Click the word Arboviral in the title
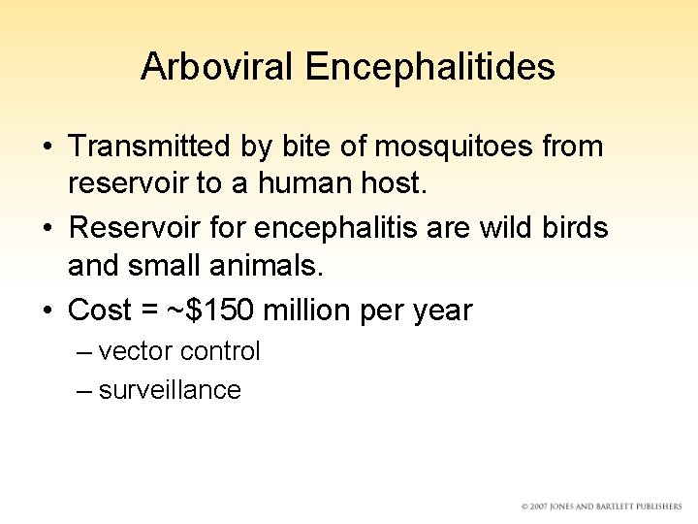pyautogui.click(x=217, y=66)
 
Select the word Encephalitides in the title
pyautogui.click(x=429, y=66)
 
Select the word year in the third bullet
pyautogui.click(x=440, y=311)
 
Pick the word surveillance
pyautogui.click(x=170, y=390)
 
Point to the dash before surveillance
pyautogui.click(x=84, y=391)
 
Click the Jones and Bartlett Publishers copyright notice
pyautogui.click(x=601, y=507)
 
